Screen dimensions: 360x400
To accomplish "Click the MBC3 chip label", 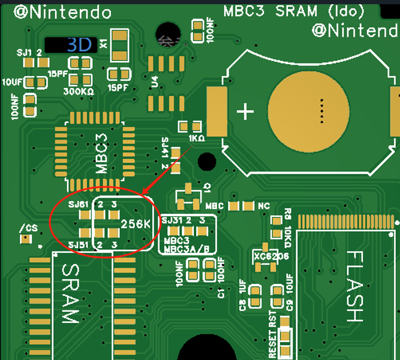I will (101, 155).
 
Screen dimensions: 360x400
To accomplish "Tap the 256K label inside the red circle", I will (135, 224).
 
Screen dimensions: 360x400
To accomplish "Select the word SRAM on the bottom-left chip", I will (70, 294).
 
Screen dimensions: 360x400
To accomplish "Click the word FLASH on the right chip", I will (354, 287).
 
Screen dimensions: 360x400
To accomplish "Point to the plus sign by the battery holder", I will (245, 111).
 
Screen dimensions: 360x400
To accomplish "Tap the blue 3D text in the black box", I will (79, 44).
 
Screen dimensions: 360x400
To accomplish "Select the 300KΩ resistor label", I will (79, 92).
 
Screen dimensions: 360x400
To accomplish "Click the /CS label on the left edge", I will (28, 228).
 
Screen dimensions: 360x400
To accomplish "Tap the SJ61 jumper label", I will (79, 205).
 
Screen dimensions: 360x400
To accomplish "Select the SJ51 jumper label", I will (79, 245).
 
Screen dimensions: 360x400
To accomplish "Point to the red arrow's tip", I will (144, 195).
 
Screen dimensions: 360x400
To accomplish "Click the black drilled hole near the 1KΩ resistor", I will (207, 161).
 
